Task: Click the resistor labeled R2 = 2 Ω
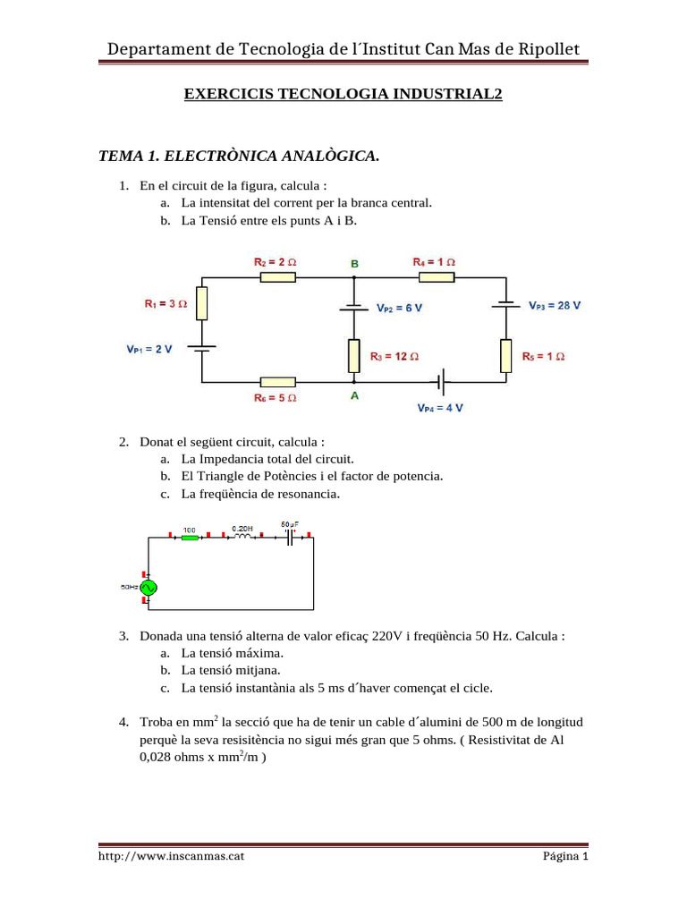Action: (277, 277)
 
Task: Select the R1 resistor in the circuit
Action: (201, 304)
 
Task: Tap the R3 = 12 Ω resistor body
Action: (354, 355)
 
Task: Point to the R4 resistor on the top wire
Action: (437, 277)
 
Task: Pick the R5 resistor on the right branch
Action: (506, 355)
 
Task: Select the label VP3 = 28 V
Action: (554, 305)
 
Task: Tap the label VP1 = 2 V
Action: (149, 349)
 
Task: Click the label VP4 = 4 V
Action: (440, 408)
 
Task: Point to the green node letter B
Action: (355, 264)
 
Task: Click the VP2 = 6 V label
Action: (400, 308)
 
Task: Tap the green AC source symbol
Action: (147, 588)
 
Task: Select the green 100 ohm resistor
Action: (189, 537)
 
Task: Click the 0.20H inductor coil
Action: (242, 537)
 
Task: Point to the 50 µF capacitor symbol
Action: (290, 537)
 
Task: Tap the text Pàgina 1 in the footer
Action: (565, 856)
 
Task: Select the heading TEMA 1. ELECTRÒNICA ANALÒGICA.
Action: (239, 157)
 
